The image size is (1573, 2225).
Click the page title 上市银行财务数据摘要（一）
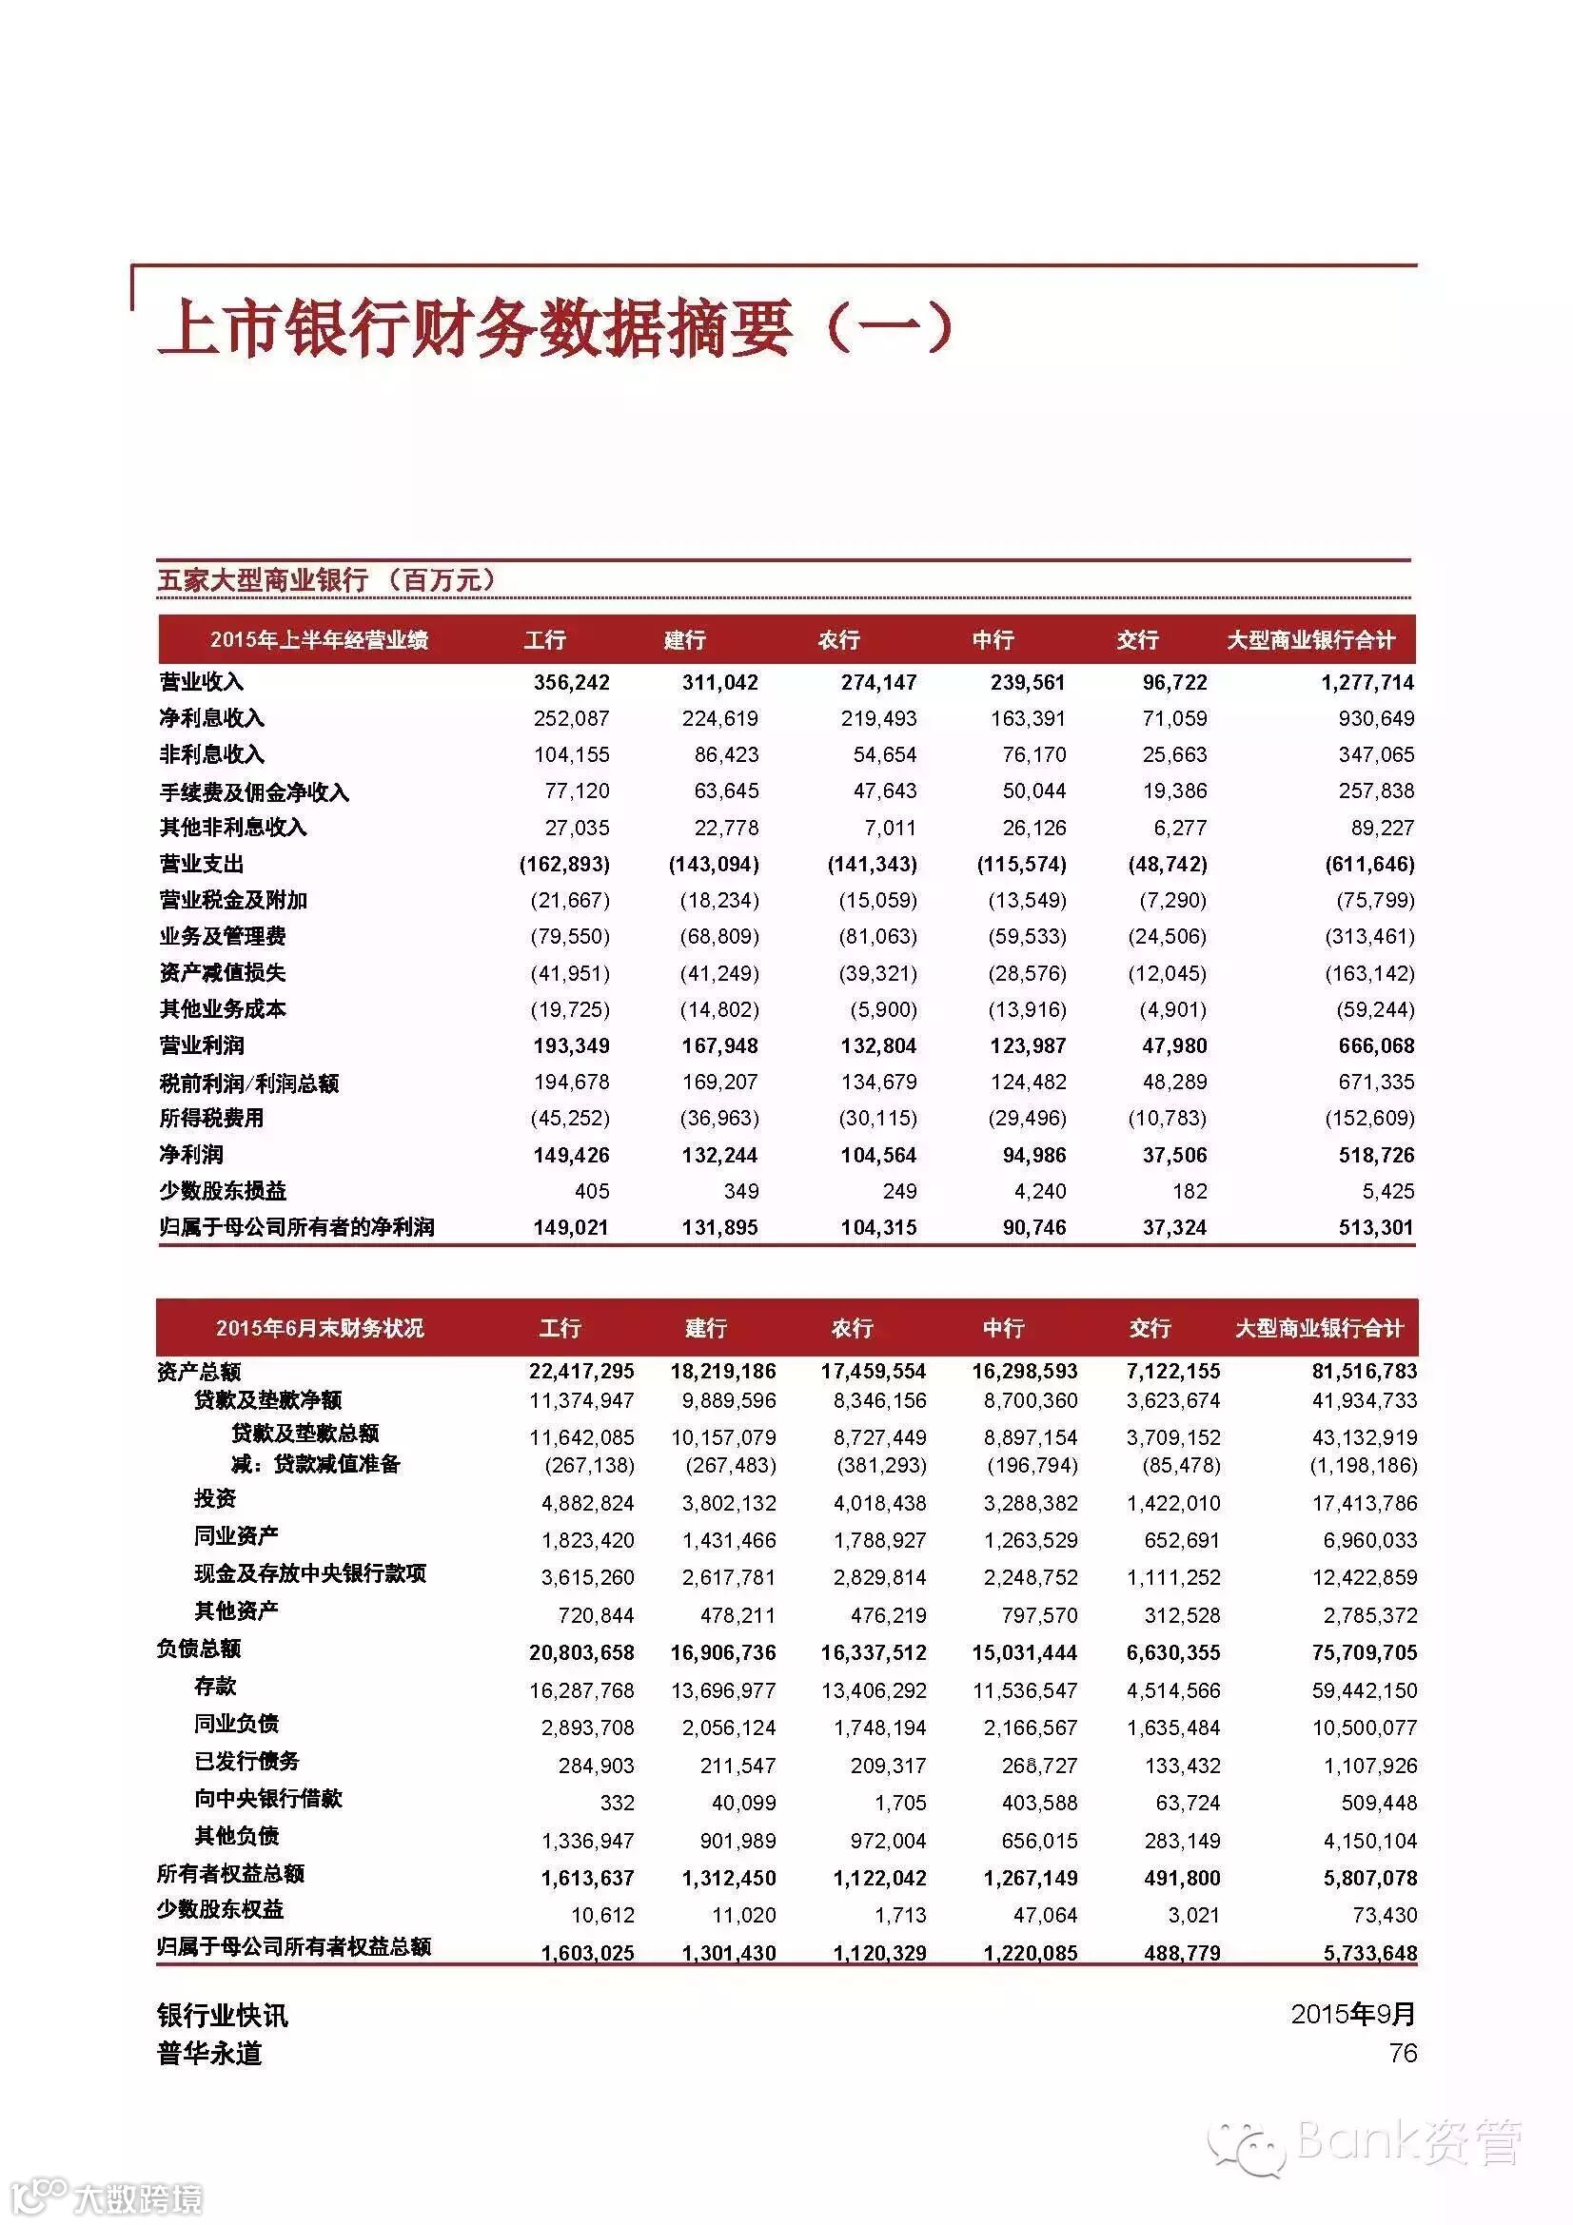[x=555, y=328]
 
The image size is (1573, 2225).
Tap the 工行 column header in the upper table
[x=544, y=639]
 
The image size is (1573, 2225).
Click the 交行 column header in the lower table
[x=1150, y=1328]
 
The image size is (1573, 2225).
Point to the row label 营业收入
[x=202, y=682]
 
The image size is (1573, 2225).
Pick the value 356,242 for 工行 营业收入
[x=571, y=682]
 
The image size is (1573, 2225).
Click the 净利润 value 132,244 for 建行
[x=719, y=1155]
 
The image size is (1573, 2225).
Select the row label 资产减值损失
[x=223, y=973]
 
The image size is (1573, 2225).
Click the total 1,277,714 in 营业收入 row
[x=1367, y=682]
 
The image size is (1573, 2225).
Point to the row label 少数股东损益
[x=223, y=1191]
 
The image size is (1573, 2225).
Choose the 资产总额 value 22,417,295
[x=581, y=1372]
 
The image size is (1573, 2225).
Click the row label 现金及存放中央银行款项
[x=310, y=1573]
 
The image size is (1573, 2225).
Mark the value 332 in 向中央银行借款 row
[x=617, y=1803]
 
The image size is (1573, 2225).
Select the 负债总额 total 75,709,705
[x=1363, y=1652]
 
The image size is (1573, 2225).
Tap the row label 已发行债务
[x=247, y=1761]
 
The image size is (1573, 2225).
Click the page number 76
[x=1403, y=2053]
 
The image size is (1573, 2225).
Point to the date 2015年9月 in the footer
[x=1353, y=2014]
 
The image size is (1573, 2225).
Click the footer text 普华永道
[x=209, y=2054]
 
